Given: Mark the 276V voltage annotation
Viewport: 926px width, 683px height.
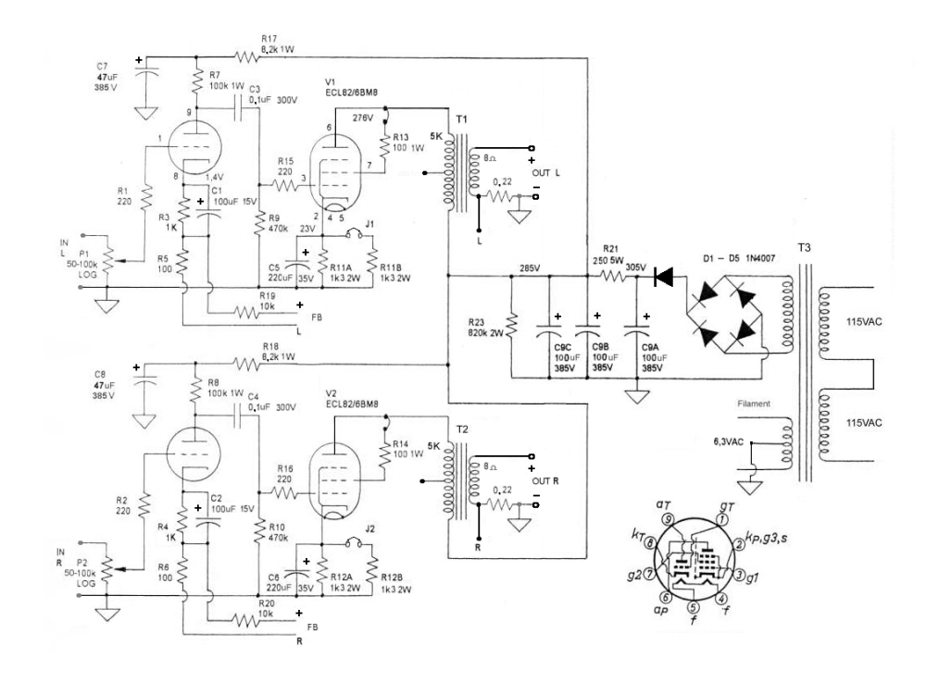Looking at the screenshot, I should (364, 117).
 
